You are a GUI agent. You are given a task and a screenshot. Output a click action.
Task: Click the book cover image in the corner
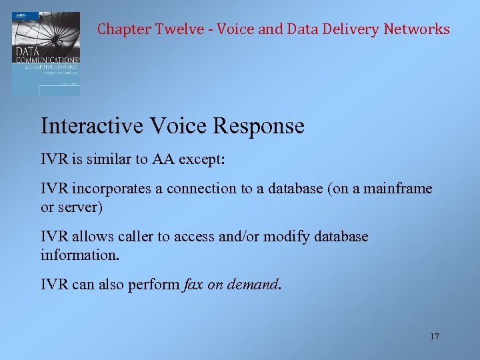point(45,53)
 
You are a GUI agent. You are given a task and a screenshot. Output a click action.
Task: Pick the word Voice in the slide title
point(171,126)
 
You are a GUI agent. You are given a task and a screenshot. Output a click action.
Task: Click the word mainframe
point(397,189)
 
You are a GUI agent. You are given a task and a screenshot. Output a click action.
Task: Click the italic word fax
point(193,285)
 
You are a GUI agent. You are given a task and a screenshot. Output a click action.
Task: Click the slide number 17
point(435,337)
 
